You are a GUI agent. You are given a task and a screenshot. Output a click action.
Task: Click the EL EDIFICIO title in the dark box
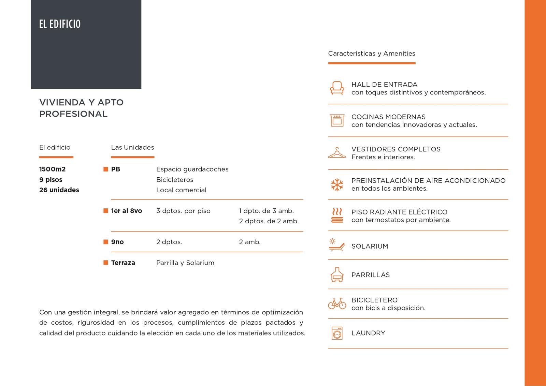60,24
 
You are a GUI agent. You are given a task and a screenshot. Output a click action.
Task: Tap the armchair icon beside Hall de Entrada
337,88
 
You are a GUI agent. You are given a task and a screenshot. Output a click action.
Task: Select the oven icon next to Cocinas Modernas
337,120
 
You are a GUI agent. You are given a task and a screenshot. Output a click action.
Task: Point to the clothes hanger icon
337,153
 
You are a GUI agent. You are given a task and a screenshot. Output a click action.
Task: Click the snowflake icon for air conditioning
337,184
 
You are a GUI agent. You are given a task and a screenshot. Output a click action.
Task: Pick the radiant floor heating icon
337,216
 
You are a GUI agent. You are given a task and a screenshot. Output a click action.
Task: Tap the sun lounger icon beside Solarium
337,245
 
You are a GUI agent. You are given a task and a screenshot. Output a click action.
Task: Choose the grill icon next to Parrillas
337,274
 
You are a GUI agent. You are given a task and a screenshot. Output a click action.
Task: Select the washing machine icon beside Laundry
337,333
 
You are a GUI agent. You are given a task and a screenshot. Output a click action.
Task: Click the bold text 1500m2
52,169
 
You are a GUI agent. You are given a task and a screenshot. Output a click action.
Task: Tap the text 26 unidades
59,190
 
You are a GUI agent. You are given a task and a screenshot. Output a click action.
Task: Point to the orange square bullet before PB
106,169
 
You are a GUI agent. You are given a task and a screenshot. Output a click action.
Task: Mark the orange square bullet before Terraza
106,263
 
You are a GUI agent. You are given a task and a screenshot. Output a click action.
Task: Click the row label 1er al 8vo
126,211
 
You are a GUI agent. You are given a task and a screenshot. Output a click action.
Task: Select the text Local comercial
181,190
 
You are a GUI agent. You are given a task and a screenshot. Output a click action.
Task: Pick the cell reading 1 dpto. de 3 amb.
266,211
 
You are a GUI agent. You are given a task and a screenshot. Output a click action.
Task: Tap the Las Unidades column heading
132,147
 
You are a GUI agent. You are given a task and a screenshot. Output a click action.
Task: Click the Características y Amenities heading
372,54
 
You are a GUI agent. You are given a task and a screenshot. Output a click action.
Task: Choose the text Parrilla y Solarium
185,263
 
